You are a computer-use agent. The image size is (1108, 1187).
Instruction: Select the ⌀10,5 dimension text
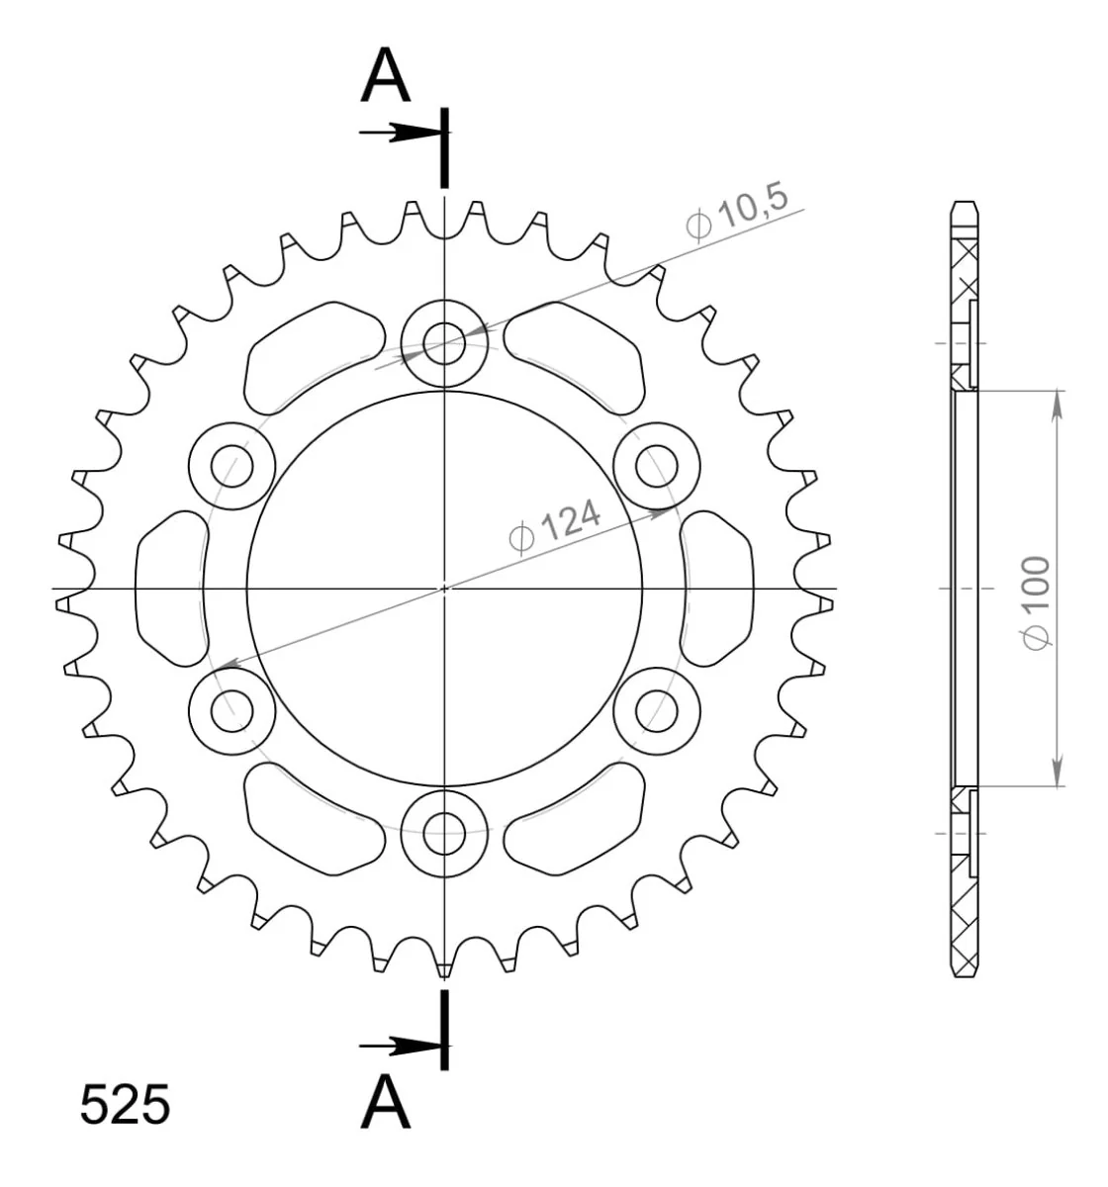pos(737,213)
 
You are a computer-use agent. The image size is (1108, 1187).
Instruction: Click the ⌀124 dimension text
pos(554,526)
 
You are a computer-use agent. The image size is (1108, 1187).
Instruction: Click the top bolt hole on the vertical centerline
pos(443,343)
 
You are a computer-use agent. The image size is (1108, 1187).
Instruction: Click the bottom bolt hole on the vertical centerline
pos(443,833)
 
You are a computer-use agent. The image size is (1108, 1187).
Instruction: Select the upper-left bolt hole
pos(232,466)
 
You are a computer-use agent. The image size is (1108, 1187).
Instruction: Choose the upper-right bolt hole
pos(657,466)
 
